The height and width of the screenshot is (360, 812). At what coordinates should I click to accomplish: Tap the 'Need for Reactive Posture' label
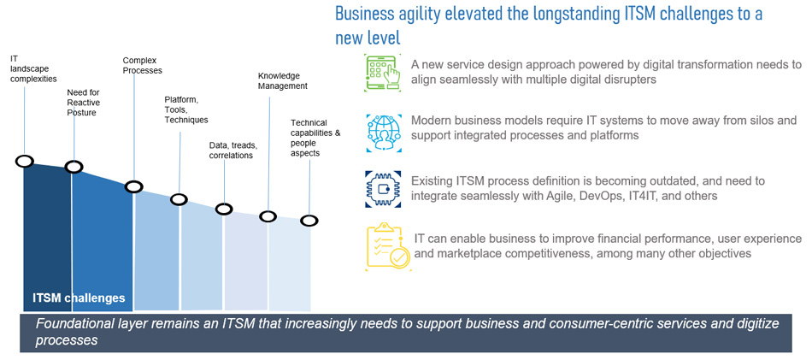pos(83,103)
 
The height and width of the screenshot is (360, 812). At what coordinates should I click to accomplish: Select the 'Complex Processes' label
pos(142,66)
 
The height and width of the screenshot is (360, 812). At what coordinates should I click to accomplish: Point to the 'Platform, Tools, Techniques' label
pos(185,109)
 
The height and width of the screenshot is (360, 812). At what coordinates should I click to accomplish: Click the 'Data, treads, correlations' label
pos(232,150)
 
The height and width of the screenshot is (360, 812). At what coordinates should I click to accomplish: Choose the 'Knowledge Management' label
pos(282,80)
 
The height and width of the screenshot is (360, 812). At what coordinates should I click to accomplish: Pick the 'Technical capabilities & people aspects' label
pos(315,138)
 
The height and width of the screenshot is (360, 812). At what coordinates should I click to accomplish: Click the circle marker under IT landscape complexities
pos(24,161)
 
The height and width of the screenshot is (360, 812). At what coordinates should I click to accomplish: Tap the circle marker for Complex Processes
pos(133,186)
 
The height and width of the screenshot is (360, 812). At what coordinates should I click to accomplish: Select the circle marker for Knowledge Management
pos(268,216)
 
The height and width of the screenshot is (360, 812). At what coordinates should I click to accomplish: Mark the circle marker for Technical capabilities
pos(309,221)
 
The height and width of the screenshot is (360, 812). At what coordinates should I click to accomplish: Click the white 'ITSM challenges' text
pos(79,298)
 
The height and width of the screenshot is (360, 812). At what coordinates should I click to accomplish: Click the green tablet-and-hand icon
pos(382,73)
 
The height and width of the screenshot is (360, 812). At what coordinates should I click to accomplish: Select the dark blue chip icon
pos(382,189)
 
